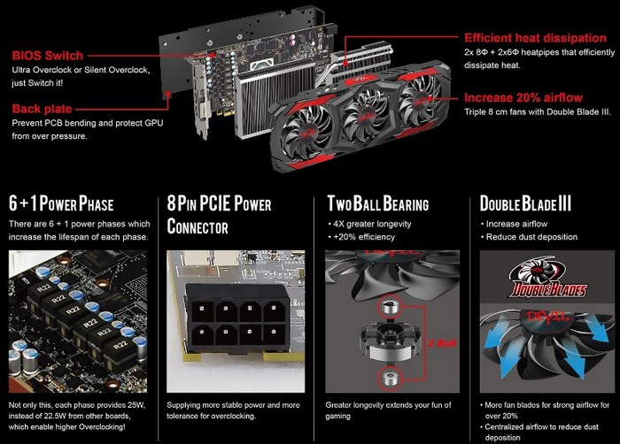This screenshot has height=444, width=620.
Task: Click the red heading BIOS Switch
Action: [48, 56]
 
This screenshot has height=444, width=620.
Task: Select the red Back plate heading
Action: [42, 109]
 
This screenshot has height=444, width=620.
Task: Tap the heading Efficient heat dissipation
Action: [535, 38]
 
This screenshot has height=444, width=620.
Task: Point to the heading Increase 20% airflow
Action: [523, 97]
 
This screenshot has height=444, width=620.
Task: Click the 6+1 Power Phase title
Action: [61, 203]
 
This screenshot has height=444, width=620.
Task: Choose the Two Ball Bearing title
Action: [378, 203]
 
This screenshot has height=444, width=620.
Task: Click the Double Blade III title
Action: [525, 203]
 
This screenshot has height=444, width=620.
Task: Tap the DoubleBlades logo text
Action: [547, 290]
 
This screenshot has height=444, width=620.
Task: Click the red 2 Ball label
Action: [442, 343]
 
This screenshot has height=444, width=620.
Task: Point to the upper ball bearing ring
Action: [390, 307]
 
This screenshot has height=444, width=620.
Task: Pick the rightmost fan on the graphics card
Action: [421, 100]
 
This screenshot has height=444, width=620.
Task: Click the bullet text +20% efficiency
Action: [364, 237]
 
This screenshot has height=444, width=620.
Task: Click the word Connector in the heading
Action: [198, 226]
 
